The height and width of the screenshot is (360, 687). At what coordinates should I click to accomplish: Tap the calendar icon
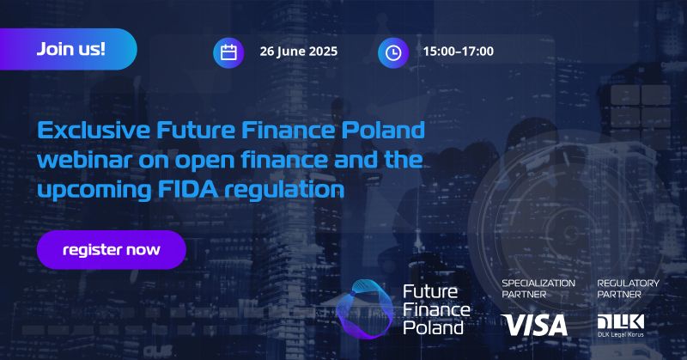tap(228, 52)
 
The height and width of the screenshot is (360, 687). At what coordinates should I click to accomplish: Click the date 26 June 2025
tap(299, 52)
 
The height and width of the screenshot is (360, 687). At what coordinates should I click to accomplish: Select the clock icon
tap(392, 52)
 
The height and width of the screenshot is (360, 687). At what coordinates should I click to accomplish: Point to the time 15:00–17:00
tap(458, 52)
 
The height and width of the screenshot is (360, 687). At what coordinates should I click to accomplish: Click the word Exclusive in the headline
tap(93, 131)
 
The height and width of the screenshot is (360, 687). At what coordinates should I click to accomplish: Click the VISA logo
tap(535, 325)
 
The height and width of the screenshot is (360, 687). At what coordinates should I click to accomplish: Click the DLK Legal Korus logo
tap(620, 324)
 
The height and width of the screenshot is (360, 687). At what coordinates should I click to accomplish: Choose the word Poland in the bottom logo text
tap(433, 327)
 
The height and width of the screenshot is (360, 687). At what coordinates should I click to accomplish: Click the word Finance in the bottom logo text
tap(435, 308)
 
